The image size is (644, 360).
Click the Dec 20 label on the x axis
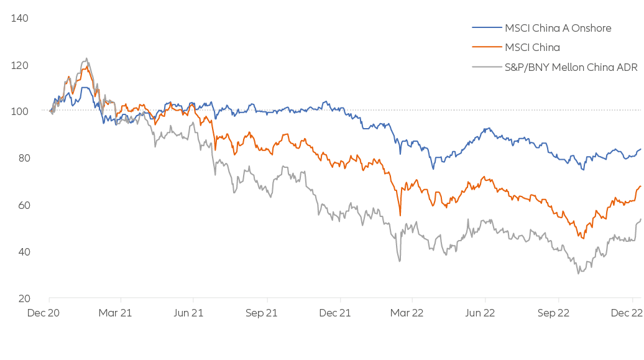(x=44, y=313)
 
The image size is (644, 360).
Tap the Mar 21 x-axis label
(x=116, y=313)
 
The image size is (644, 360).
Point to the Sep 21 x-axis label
(x=261, y=313)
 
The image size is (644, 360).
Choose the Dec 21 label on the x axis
(x=334, y=313)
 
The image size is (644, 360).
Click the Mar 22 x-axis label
(x=407, y=313)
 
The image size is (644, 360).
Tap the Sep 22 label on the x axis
(x=552, y=313)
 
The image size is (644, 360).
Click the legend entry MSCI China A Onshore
(x=558, y=28)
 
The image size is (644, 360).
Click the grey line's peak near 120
(x=86, y=59)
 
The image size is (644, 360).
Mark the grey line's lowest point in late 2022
(x=579, y=273)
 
